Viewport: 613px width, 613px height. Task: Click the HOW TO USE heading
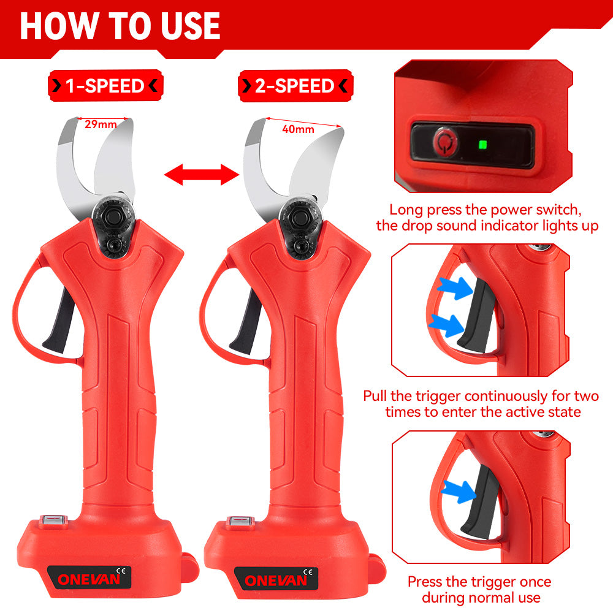point(120,26)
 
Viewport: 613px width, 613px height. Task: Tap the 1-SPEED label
point(105,86)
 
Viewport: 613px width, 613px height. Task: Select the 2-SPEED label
point(295,86)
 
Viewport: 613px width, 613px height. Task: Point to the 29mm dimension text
point(101,124)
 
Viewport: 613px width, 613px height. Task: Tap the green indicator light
point(482,145)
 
